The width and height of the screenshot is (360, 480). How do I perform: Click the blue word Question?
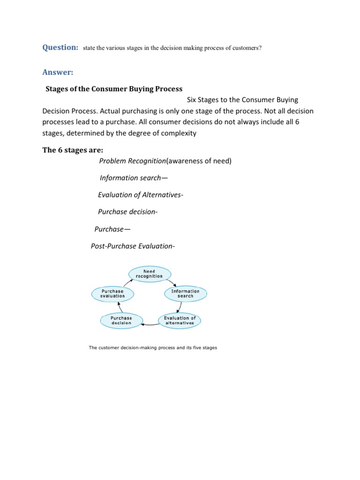coord(60,47)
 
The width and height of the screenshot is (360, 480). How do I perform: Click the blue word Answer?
coord(57,72)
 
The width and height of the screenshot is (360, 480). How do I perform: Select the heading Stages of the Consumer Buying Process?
coord(113,89)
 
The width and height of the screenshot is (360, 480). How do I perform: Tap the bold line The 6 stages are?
coord(73,150)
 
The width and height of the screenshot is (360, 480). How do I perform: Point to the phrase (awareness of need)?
coord(199,161)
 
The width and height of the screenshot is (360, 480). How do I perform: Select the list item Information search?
coord(134,178)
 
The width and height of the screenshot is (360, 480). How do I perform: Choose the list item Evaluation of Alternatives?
coord(140,195)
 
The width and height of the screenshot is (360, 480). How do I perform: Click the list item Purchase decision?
coord(127,212)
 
